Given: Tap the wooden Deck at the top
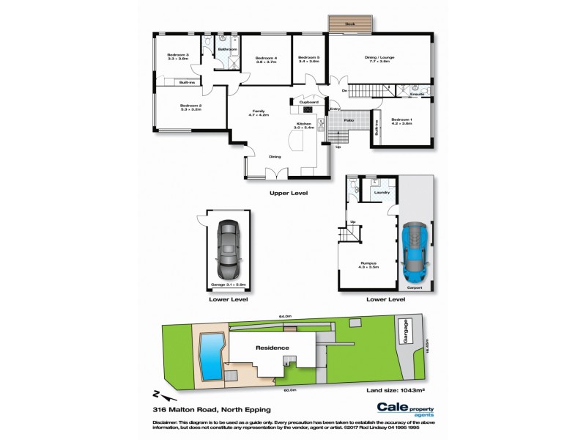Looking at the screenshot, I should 351,25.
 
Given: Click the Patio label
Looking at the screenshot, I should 350,120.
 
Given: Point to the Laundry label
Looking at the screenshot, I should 382,193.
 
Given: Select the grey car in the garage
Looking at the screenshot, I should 228,248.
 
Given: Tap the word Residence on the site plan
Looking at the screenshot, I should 272,348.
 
